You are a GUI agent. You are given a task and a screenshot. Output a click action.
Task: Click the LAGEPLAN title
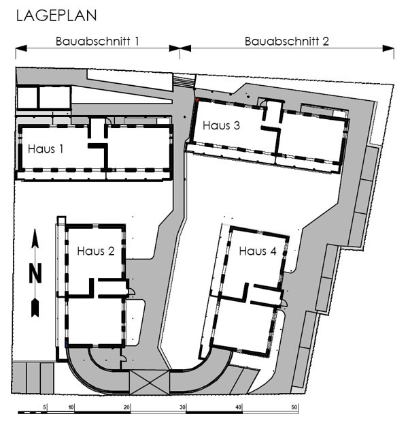click(56, 16)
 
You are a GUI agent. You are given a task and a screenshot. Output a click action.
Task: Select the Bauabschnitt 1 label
click(97, 42)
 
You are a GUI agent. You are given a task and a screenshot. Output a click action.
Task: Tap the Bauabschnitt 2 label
click(287, 42)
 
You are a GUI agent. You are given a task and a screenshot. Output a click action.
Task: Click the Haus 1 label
click(46, 149)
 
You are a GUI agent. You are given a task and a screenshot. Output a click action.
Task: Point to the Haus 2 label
click(96, 251)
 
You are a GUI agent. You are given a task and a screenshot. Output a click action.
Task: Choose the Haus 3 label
click(221, 125)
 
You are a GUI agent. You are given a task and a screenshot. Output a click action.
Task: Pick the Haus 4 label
click(258, 251)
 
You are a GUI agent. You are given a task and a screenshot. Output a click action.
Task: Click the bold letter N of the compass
click(35, 273)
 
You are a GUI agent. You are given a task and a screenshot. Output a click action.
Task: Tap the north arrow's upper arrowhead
click(35, 238)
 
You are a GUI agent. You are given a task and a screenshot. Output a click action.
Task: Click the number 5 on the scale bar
click(45, 407)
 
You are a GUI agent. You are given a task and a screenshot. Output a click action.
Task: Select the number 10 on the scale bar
click(71, 407)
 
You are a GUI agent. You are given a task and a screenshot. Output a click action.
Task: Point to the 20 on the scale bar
click(127, 407)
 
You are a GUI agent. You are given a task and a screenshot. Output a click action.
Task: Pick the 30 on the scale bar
click(182, 407)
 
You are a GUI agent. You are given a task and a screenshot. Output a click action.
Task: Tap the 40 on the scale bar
click(238, 407)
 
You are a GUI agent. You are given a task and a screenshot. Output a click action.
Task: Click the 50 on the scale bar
click(294, 407)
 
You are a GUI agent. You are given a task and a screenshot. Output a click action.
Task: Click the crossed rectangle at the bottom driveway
click(150, 382)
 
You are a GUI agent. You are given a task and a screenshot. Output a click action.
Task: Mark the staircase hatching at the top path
click(184, 81)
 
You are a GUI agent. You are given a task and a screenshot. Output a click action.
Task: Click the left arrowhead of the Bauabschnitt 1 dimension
click(21, 48)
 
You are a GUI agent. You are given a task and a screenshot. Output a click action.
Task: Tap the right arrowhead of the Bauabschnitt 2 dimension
click(388, 48)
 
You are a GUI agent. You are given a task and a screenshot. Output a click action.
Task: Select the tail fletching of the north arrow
click(35, 307)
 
